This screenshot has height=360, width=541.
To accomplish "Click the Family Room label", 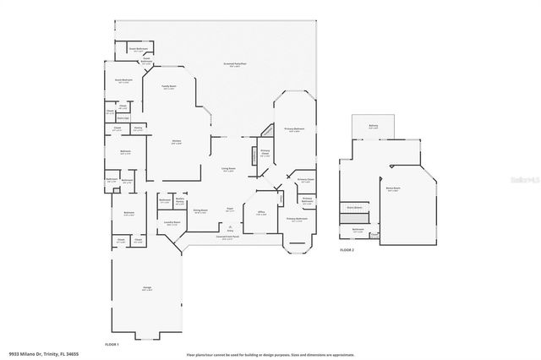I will (169, 87).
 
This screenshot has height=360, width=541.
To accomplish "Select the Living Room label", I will (228, 170).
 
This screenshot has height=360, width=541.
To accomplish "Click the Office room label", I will (262, 214).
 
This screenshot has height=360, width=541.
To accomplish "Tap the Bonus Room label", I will (393, 191).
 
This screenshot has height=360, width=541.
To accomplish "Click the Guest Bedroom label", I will (123, 82).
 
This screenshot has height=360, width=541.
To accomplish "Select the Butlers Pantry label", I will (180, 201).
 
